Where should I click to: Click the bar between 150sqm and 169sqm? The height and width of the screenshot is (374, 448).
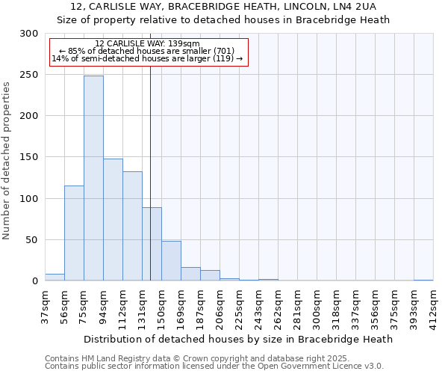(171, 261)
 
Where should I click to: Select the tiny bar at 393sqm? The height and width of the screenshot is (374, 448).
(423, 280)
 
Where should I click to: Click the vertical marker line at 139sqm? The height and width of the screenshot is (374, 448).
(150, 150)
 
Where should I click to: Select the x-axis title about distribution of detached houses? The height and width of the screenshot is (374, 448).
(238, 339)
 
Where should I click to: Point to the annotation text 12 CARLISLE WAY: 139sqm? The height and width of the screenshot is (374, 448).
(147, 44)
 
